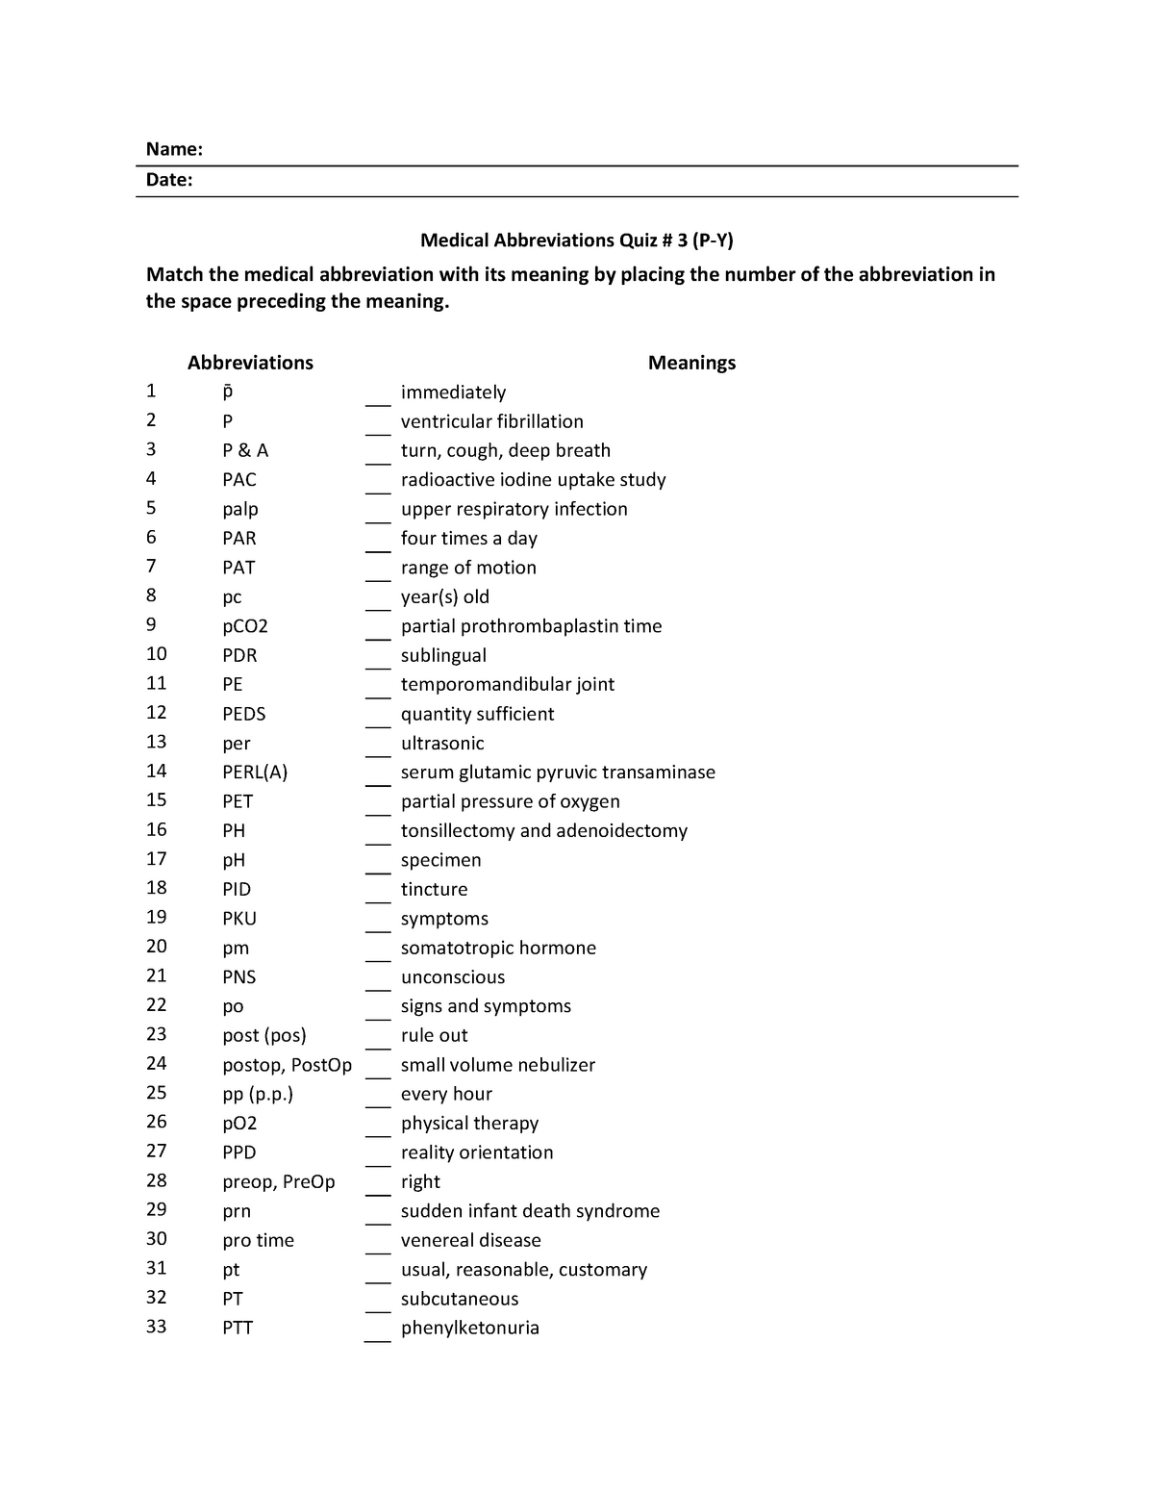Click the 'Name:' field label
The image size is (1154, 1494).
(174, 149)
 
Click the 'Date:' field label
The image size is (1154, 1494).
(169, 180)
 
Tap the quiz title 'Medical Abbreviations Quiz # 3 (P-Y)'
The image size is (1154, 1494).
(576, 241)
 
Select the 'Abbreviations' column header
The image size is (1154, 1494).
(250, 363)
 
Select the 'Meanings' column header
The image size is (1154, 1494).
(691, 363)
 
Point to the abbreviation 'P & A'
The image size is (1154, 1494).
(245, 450)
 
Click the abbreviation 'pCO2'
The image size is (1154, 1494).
(245, 626)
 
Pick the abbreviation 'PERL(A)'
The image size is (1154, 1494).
(255, 772)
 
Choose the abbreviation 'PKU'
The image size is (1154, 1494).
(239, 919)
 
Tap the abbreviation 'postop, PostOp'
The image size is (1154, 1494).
(287, 1065)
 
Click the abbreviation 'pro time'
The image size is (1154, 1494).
(258, 1240)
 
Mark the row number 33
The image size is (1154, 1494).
(156, 1327)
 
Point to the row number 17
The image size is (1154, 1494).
(156, 859)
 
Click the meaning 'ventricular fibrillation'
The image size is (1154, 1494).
(491, 421)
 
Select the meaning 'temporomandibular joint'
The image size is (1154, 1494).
(507, 684)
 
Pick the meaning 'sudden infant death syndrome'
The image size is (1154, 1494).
(530, 1211)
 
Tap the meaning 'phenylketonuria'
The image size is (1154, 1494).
(469, 1328)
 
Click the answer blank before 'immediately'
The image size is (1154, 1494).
(377, 396)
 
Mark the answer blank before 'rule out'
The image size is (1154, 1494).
(377, 1040)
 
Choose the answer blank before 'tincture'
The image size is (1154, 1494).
(377, 894)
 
